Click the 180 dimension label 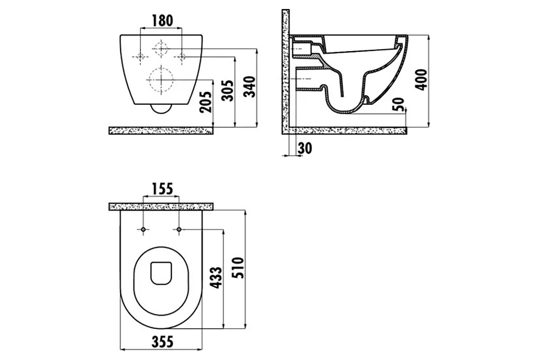162,21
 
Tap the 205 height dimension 205,102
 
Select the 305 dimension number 228,90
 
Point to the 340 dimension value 249,87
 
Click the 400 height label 421,80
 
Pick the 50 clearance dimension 398,104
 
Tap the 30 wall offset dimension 305,148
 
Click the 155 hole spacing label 162,189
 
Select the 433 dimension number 216,278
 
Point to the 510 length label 238,268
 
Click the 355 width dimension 162,342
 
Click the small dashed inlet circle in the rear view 161,49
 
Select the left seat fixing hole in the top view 143,229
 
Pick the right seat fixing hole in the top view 179,229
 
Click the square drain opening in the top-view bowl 161,273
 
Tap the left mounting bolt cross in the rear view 140,57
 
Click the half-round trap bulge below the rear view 161,109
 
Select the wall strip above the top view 161,207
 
